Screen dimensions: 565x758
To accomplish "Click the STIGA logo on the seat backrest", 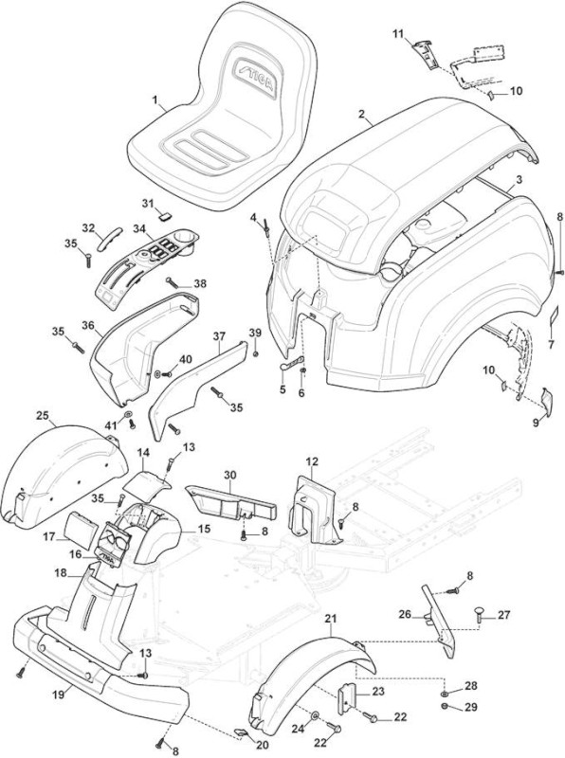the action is [255, 79].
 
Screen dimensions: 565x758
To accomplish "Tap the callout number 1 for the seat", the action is [155, 100].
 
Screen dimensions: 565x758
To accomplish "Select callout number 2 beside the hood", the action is [361, 114].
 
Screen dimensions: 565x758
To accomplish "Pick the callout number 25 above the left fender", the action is [43, 415].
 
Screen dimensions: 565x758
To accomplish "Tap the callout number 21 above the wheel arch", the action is [332, 619].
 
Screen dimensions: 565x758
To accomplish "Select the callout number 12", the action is [312, 461].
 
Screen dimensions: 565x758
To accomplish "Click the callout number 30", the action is [229, 475].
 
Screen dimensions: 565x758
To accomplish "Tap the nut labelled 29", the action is [445, 707].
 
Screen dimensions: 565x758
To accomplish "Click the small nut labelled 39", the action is [255, 354].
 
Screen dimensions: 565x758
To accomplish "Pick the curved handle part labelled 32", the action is [107, 239].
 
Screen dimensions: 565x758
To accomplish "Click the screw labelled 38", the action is [172, 280].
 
